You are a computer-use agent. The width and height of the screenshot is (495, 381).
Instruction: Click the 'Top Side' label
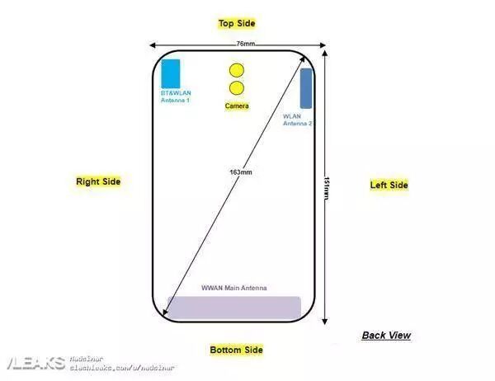[x=236, y=23]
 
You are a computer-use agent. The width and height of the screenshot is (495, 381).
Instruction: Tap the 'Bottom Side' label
[x=236, y=350]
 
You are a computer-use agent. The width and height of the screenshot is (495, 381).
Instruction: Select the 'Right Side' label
[x=98, y=181]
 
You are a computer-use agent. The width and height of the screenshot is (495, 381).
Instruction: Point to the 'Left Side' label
[x=389, y=186]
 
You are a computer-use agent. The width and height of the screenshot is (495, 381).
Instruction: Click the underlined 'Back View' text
[x=386, y=336]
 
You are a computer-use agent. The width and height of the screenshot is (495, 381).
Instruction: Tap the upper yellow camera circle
[x=237, y=71]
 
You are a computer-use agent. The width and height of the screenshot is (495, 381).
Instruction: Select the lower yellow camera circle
[x=237, y=88]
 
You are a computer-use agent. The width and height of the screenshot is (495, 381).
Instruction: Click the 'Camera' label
[x=237, y=106]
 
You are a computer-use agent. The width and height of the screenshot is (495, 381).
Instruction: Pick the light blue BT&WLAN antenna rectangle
[x=172, y=74]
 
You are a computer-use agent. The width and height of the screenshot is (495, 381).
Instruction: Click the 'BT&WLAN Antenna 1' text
[x=175, y=97]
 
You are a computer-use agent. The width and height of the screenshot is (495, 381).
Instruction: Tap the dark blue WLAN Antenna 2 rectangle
[x=306, y=88]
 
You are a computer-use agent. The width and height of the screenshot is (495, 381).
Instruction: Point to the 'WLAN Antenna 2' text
[x=297, y=120]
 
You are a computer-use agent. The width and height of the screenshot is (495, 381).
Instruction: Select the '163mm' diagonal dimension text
[x=241, y=172]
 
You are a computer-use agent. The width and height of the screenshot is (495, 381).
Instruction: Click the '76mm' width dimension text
[x=245, y=43]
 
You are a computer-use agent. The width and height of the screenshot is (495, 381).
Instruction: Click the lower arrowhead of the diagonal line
[x=167, y=314]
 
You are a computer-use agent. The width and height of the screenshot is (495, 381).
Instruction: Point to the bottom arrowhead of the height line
[x=323, y=321]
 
